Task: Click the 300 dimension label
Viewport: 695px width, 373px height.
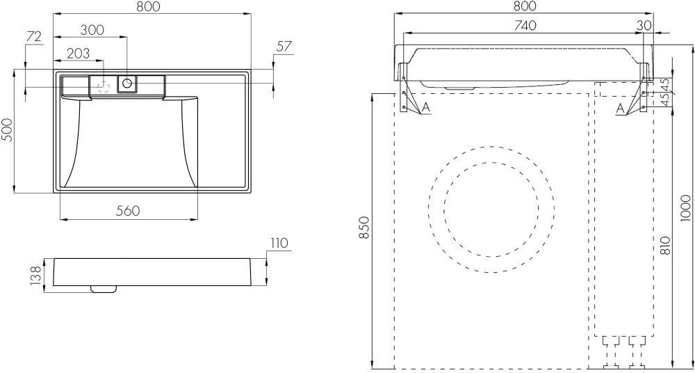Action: click(92, 30)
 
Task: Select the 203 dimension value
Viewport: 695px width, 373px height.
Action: click(78, 54)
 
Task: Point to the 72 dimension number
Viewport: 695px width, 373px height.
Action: click(33, 36)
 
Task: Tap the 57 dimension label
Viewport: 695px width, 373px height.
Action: click(284, 46)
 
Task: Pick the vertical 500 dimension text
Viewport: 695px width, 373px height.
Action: click(8, 130)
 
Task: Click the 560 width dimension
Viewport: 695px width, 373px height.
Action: click(128, 210)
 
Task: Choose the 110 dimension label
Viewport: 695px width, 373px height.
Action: click(279, 243)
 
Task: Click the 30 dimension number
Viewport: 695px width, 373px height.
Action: click(644, 25)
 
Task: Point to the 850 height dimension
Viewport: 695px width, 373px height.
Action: click(364, 228)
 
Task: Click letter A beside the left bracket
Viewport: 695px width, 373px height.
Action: click(426, 107)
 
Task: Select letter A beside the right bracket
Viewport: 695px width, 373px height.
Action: click(621, 107)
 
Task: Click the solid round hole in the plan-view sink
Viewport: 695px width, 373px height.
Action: click(127, 83)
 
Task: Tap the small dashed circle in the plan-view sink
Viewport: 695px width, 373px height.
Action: click(104, 86)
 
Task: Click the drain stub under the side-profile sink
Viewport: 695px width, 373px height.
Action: click(104, 289)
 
